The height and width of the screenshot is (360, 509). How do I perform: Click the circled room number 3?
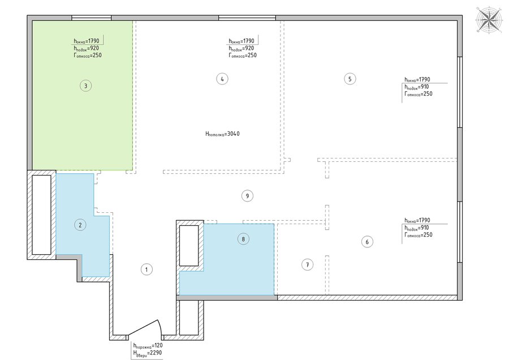point(86,86)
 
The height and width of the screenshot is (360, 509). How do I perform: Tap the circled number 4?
point(222,79)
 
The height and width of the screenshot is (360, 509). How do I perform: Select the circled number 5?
point(350,79)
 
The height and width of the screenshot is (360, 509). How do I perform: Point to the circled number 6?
point(367,242)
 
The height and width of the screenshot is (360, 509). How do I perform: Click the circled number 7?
point(308,264)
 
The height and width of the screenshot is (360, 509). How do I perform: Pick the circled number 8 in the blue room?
point(243,239)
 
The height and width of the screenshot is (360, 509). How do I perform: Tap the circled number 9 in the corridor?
point(247,196)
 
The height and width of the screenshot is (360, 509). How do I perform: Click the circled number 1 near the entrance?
point(146,269)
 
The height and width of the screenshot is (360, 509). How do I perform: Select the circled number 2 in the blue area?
point(80,225)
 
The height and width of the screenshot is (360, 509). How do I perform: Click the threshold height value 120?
point(158,345)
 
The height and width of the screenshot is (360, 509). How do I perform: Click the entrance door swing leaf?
point(144,328)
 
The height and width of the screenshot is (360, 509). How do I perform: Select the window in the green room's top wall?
point(92,18)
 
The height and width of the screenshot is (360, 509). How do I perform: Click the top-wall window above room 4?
point(247,18)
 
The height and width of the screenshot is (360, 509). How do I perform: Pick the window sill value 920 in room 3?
point(94,48)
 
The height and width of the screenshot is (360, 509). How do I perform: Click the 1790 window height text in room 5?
point(424,79)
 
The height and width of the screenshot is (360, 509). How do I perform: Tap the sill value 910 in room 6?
point(424,228)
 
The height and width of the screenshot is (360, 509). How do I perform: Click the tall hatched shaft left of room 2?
point(41,215)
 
